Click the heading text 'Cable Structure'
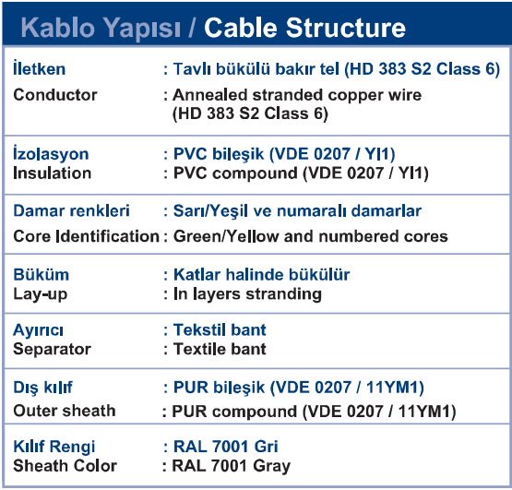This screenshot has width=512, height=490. click(304, 28)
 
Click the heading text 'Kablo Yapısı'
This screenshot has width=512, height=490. click(101, 29)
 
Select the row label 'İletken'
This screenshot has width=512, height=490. click(39, 68)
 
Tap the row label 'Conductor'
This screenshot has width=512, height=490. click(55, 95)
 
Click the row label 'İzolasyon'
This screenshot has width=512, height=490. click(51, 153)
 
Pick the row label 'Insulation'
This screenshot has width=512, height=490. click(53, 173)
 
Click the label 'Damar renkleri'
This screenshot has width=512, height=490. click(72, 210)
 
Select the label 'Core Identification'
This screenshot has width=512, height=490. click(86, 236)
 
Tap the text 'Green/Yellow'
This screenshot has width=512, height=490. click(226, 236)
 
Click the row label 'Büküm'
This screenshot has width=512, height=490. click(42, 274)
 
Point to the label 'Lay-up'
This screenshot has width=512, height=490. click(41, 294)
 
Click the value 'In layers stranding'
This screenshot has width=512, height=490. click(247, 294)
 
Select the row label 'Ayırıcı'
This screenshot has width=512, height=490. click(38, 330)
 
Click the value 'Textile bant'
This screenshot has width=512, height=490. click(220, 349)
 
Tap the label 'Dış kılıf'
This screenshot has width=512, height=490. click(42, 388)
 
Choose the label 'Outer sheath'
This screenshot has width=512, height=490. click(65, 411)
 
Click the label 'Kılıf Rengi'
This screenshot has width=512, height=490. click(54, 447)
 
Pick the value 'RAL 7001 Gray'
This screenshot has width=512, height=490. click(232, 466)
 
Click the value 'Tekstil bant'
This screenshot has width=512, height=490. click(220, 329)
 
